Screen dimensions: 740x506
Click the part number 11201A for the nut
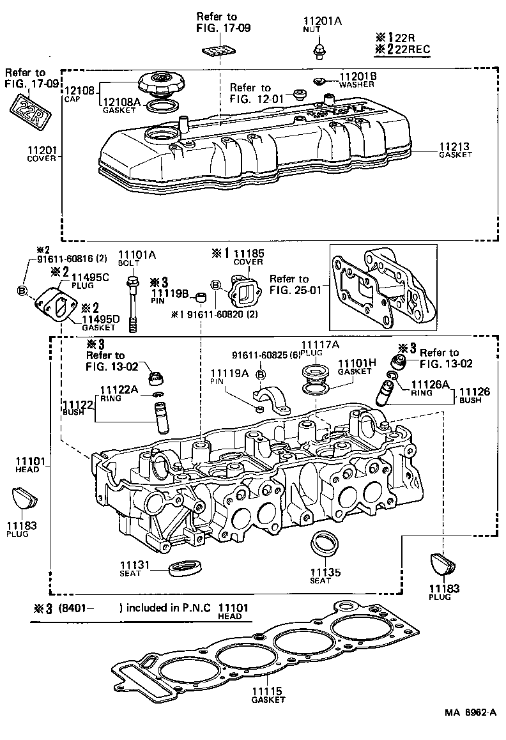click(325, 21)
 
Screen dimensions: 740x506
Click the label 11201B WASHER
click(357, 79)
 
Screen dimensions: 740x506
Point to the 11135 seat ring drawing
click(325, 543)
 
